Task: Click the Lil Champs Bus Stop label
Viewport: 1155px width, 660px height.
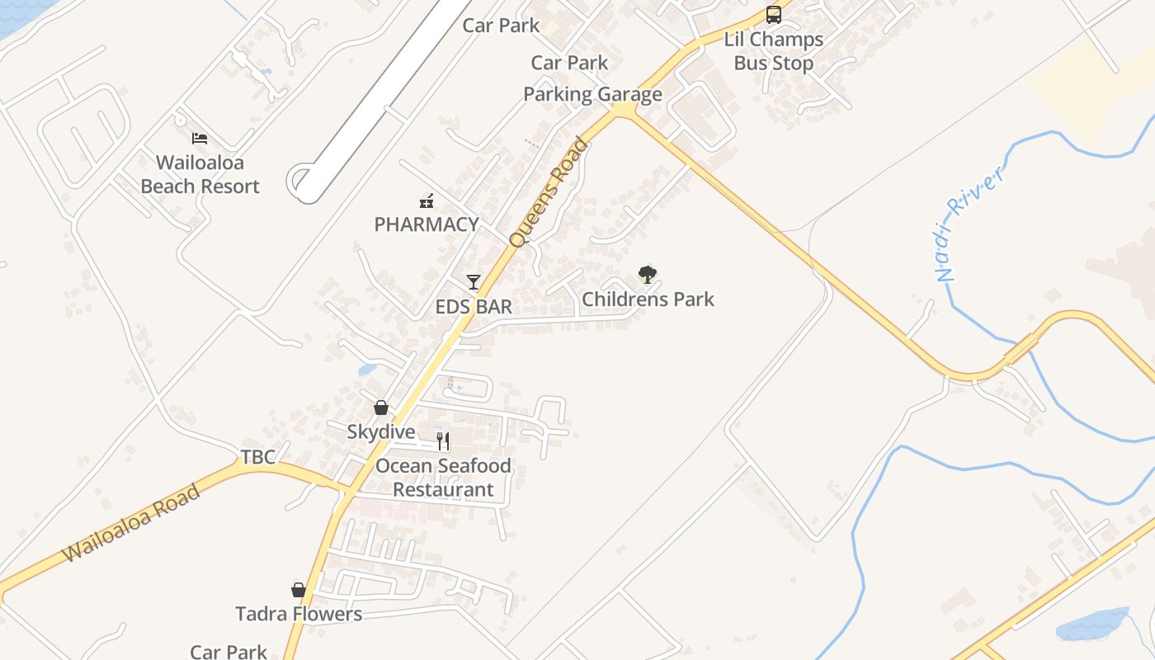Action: click(x=774, y=51)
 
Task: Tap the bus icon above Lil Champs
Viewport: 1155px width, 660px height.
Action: click(x=774, y=14)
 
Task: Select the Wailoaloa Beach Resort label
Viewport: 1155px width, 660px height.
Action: click(x=200, y=175)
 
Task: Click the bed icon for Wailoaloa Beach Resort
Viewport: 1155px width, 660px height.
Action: click(x=200, y=139)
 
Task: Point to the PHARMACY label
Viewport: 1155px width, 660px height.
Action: click(x=427, y=224)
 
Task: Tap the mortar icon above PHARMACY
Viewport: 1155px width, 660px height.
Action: click(x=427, y=200)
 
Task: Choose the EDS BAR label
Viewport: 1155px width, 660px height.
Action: click(x=474, y=307)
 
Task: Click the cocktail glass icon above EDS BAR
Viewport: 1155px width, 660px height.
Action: click(x=473, y=282)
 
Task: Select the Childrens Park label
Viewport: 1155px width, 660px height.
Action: click(x=648, y=299)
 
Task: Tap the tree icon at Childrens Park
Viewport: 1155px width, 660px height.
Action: click(x=648, y=275)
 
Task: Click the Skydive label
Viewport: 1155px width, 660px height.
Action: click(x=381, y=431)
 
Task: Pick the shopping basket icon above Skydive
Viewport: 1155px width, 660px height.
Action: click(x=381, y=408)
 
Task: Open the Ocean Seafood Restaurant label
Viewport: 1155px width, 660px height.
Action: click(x=443, y=478)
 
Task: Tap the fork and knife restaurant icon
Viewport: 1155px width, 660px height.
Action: click(x=443, y=441)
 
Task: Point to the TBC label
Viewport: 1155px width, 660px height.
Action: click(x=258, y=457)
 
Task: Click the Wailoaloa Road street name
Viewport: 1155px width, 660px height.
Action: click(x=132, y=524)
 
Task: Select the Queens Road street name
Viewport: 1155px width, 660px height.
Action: click(x=549, y=193)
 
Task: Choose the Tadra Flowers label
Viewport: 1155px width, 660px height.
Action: click(x=299, y=614)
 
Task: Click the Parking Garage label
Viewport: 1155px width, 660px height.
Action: click(x=592, y=95)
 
